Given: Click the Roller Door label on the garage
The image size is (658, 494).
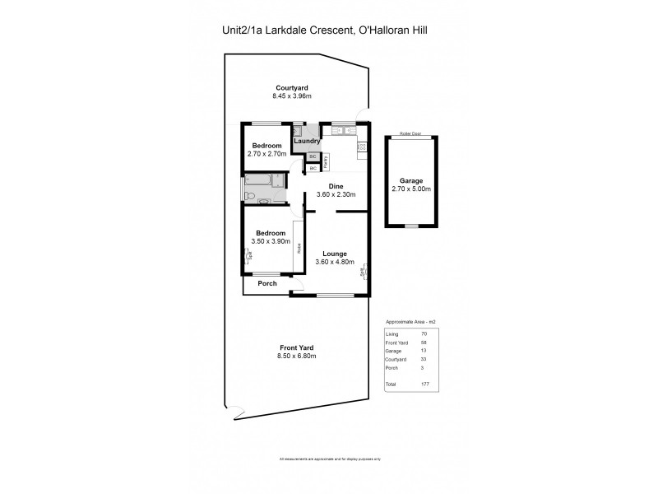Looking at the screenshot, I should click(x=409, y=133).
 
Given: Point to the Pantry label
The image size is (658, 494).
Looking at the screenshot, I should click(x=327, y=159).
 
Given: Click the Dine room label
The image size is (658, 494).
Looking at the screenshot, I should click(x=335, y=186).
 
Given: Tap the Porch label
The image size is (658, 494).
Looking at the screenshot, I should click(x=267, y=284).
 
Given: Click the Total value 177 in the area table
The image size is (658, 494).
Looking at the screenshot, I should click(x=424, y=384).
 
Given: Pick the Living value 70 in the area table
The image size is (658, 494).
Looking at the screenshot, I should click(x=424, y=333).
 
